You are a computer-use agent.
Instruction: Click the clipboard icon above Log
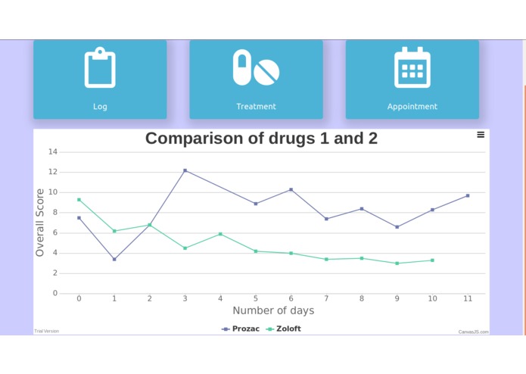(x=100, y=68)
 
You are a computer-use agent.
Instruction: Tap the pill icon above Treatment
(x=256, y=68)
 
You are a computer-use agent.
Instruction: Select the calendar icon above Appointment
(x=412, y=68)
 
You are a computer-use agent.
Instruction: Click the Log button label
(x=100, y=107)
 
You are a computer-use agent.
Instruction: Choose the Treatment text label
(x=256, y=107)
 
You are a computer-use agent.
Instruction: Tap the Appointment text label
(x=412, y=107)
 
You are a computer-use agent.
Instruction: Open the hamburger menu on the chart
(x=481, y=135)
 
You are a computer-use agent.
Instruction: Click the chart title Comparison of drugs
(x=261, y=139)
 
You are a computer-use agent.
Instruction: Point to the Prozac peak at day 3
(x=185, y=170)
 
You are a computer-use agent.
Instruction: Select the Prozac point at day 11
(x=468, y=195)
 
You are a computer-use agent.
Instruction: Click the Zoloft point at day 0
(x=79, y=200)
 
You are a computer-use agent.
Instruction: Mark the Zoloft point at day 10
(x=432, y=260)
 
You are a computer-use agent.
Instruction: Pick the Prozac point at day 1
(x=114, y=259)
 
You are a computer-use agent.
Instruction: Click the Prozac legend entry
(x=241, y=329)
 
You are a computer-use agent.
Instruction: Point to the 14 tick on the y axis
(x=53, y=152)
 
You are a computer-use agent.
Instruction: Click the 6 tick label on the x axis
(x=291, y=299)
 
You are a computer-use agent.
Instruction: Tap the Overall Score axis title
(x=40, y=223)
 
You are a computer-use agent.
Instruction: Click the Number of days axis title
(x=273, y=311)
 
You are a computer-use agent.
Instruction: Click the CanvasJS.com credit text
(x=473, y=332)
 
